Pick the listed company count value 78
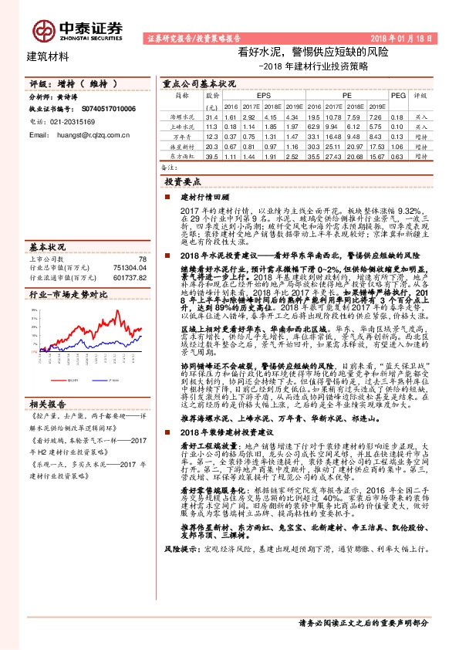click(141, 259)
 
